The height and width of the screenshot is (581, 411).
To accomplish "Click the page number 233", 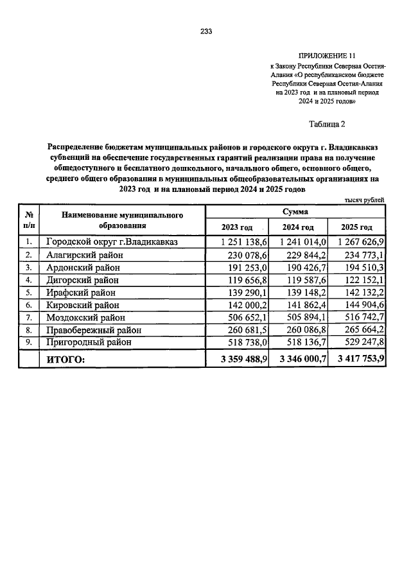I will [205, 31].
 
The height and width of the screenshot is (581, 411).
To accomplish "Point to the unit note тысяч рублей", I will [365, 200].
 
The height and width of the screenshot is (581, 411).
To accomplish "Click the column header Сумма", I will [295, 211].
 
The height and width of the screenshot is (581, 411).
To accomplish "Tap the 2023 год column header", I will [236, 227].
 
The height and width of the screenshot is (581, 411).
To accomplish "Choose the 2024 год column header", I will [298, 227].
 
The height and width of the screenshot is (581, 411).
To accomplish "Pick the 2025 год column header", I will [356, 227].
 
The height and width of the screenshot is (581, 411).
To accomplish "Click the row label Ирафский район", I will [85, 292].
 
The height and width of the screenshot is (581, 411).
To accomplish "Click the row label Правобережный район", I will [94, 330].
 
